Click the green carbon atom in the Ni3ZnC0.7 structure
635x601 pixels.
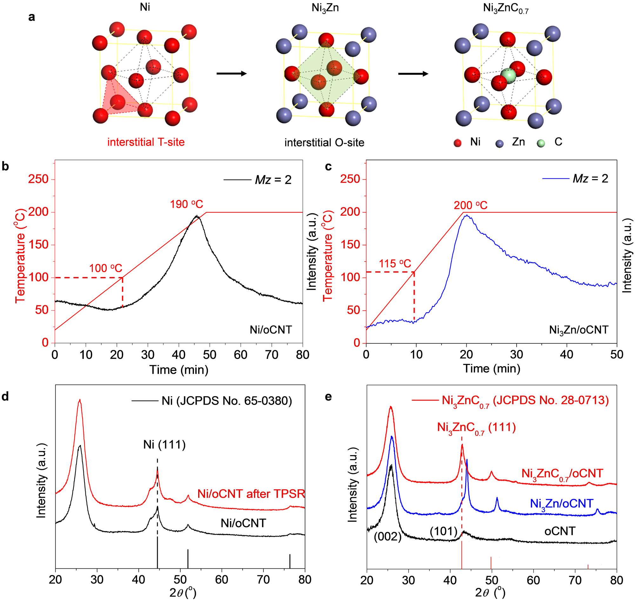click(x=508, y=76)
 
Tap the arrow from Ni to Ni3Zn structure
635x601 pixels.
click(x=231, y=74)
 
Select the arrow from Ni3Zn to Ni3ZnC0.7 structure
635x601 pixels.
click(x=413, y=74)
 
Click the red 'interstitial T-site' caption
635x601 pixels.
click(x=146, y=142)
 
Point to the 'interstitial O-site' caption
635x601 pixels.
click(x=324, y=142)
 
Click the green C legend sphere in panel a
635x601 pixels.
click(x=541, y=143)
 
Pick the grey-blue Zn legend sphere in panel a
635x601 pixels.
click(x=499, y=144)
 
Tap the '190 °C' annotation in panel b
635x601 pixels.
click(x=186, y=204)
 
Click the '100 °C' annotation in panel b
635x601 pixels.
click(x=105, y=268)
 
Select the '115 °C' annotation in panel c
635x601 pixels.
click(x=395, y=264)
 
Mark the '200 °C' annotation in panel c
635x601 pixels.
click(x=470, y=205)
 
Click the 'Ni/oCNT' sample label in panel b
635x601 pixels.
click(x=271, y=330)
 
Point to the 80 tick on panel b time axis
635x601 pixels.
click(x=302, y=355)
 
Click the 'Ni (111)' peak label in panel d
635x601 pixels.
click(x=164, y=445)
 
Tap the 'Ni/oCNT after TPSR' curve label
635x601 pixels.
click(x=251, y=494)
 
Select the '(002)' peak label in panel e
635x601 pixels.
click(x=388, y=537)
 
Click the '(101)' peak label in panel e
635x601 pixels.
click(x=443, y=532)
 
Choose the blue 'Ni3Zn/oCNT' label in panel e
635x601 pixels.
click(x=562, y=504)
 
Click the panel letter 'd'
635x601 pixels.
click(x=5, y=397)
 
